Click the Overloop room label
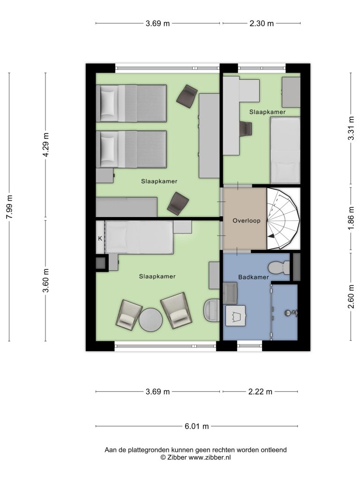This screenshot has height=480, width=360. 247,221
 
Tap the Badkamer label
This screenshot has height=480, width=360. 254,277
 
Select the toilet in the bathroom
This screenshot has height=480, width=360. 279,268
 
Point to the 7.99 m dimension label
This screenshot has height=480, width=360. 9,207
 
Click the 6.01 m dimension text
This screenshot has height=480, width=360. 196,426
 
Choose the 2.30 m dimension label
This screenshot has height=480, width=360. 262,23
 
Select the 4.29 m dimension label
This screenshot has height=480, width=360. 45,145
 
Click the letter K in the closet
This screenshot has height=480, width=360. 100,239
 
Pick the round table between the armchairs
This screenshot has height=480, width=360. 150,319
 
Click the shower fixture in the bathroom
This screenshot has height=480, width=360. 291,313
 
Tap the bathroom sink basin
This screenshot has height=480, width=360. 236,315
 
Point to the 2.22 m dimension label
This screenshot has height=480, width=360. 260,392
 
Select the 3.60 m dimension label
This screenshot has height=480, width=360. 45,280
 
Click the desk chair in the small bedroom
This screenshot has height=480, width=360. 246,128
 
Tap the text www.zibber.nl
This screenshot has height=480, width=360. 210,457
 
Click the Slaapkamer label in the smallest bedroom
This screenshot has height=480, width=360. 267,112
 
